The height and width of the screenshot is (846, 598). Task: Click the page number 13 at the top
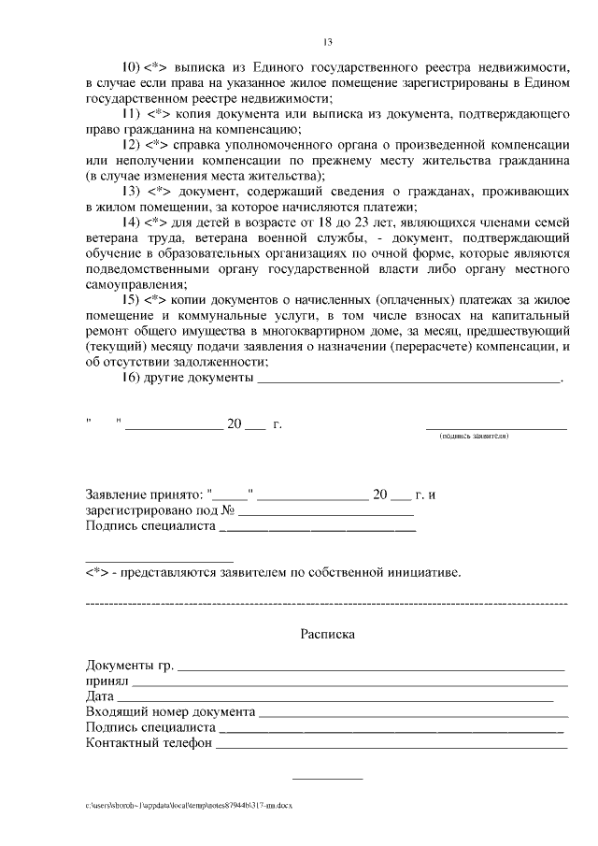[x=327, y=41]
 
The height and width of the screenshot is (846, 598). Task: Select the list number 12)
[x=129, y=146]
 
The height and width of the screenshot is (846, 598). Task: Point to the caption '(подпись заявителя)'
[x=474, y=437]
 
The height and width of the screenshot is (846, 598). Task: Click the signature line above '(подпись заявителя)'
[x=496, y=428]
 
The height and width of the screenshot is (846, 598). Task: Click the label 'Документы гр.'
[x=129, y=666]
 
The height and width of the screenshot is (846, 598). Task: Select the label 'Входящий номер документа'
[x=169, y=712]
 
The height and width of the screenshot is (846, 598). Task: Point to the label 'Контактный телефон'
[x=148, y=743]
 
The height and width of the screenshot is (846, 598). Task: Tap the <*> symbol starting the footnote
[x=96, y=572]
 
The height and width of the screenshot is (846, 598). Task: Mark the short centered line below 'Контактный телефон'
[x=327, y=779]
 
